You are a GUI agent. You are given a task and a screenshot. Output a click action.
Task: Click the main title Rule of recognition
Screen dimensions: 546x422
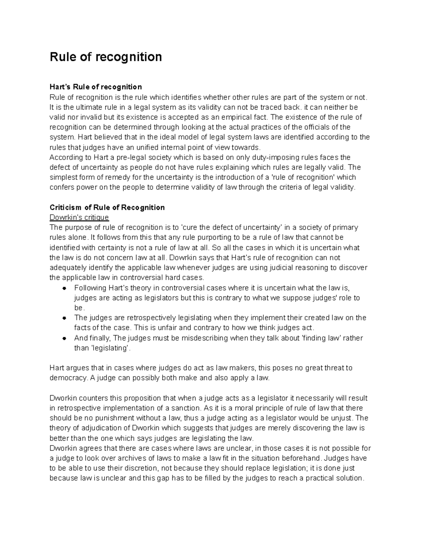(105, 57)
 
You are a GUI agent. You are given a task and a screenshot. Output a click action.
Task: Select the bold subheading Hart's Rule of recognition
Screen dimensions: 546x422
(96, 87)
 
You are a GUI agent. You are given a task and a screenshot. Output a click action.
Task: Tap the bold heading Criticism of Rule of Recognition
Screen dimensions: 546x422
(107, 207)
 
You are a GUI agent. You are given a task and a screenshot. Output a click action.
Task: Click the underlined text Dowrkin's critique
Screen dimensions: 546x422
(79, 217)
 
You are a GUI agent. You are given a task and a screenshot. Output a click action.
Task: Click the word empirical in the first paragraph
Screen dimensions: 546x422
(230, 117)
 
